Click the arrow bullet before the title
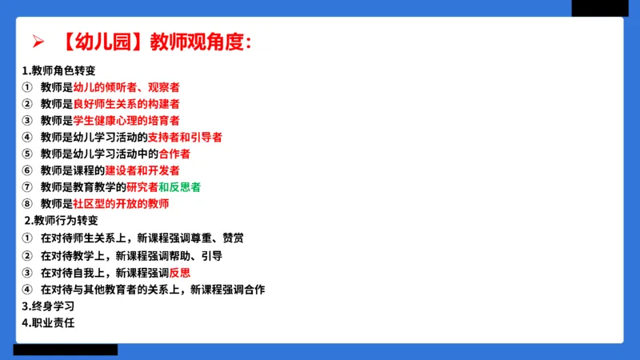tap(34, 42)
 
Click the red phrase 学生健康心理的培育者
tap(126, 121)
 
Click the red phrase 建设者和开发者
tap(142, 170)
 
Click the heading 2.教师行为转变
tap(61, 221)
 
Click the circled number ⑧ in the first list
tap(26, 204)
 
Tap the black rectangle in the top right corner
tap(599, 7)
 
